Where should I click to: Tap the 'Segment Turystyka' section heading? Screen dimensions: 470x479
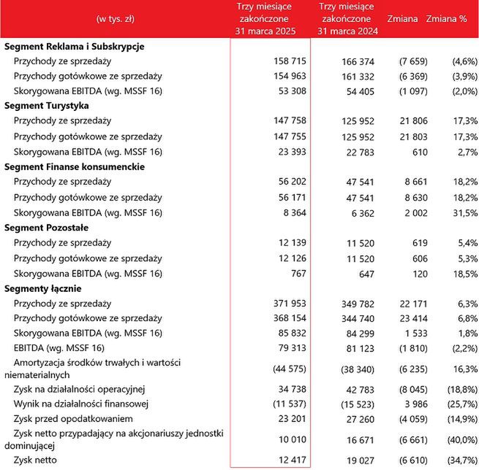pyautogui.click(x=47, y=106)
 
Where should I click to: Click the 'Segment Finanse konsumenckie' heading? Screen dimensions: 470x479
pyautogui.click(x=75, y=166)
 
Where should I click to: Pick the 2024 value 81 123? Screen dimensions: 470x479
pyautogui.click(x=360, y=349)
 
